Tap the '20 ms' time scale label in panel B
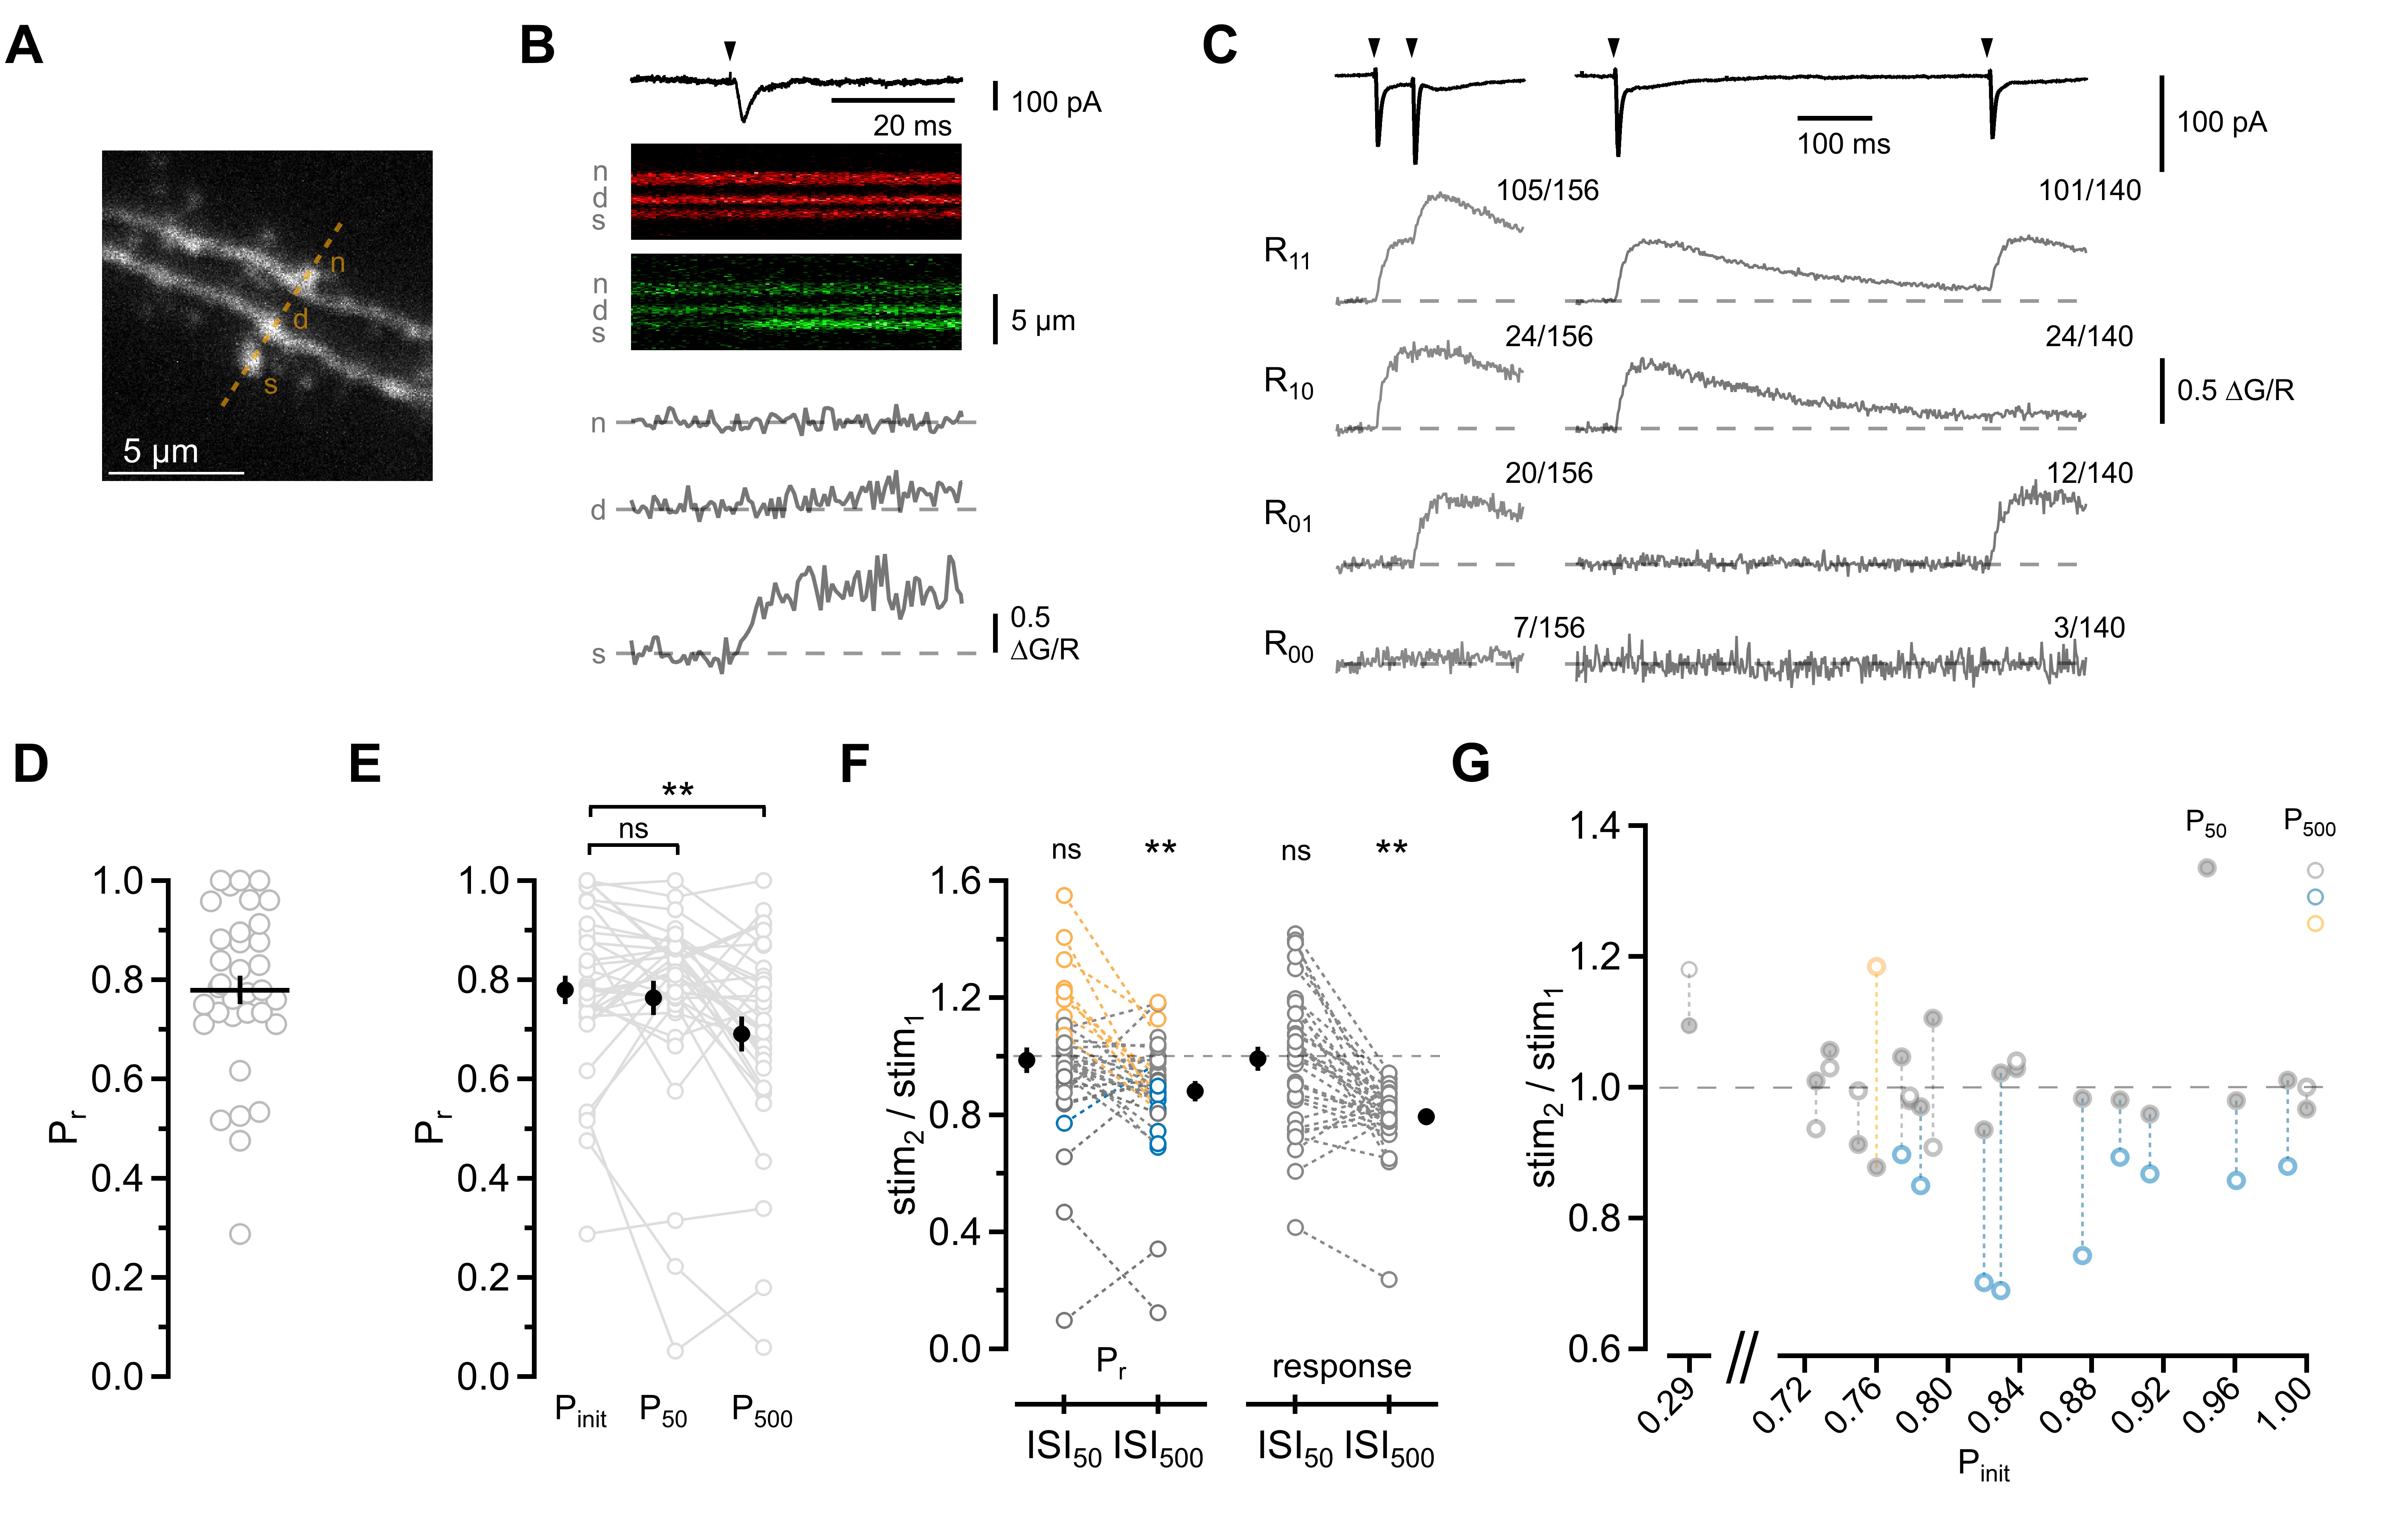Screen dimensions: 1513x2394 tap(912, 125)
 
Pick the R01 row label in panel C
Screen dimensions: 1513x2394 tap(1288, 515)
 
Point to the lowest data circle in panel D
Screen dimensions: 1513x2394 tap(240, 1234)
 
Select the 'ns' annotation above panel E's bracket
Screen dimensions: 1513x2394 tap(633, 828)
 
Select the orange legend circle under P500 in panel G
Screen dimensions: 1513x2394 tap(2316, 923)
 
